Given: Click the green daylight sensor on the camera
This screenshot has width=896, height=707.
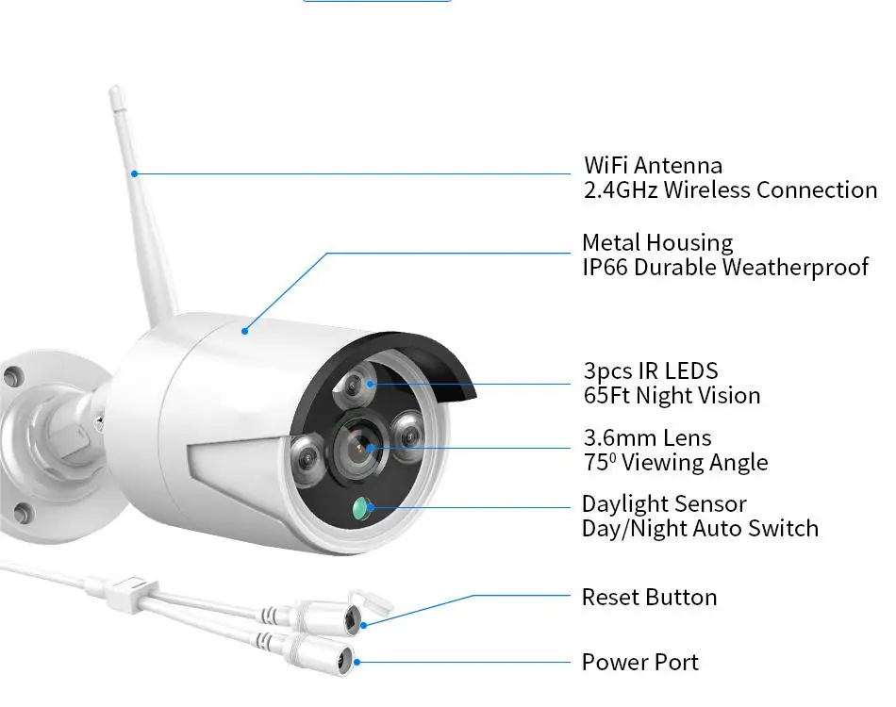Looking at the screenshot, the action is [361, 508].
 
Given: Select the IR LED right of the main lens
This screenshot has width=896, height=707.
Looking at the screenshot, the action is [408, 437].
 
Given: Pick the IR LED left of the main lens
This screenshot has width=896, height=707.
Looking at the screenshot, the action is [307, 458].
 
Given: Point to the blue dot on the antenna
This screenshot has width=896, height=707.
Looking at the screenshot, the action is [134, 173].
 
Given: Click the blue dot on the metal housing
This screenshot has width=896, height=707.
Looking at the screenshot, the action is [244, 331].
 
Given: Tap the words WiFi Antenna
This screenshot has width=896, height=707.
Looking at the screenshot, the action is [654, 166].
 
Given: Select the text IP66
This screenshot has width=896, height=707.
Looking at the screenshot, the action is [605, 268].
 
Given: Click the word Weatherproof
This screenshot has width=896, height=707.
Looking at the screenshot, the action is [795, 268].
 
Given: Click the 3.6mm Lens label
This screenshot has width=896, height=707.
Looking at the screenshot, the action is [647, 438].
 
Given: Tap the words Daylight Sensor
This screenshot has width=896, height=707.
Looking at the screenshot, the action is [664, 504].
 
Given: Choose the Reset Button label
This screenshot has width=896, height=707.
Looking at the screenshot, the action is [649, 598].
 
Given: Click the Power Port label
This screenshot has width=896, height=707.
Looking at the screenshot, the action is [640, 663].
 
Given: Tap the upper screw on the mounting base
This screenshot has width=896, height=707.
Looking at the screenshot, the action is [11, 376].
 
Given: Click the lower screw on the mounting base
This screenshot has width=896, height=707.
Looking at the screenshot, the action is [22, 514].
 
